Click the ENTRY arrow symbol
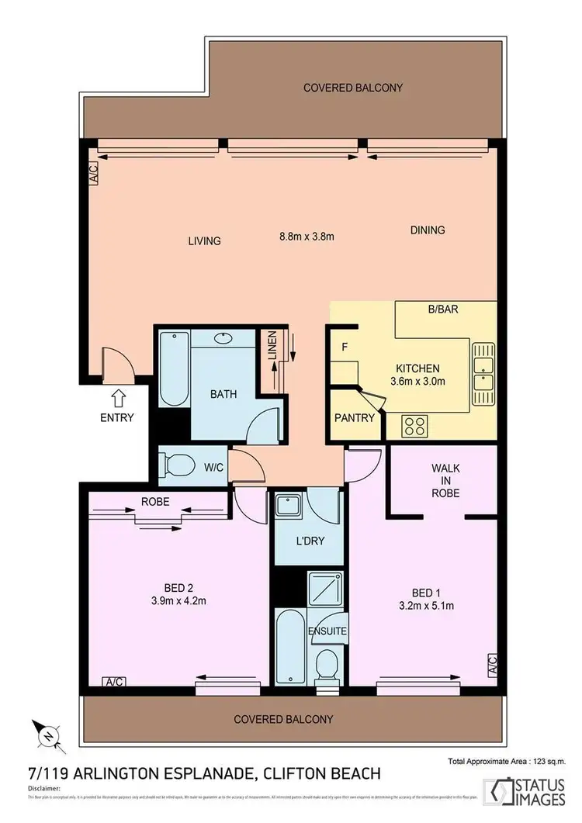coord(117,398)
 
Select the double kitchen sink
coord(483,374)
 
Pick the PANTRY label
coord(355,418)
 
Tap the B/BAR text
coord(443,309)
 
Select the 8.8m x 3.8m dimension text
coord(307,237)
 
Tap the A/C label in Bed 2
coord(114,682)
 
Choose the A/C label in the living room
coord(93,172)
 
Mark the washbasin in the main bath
coord(225,338)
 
